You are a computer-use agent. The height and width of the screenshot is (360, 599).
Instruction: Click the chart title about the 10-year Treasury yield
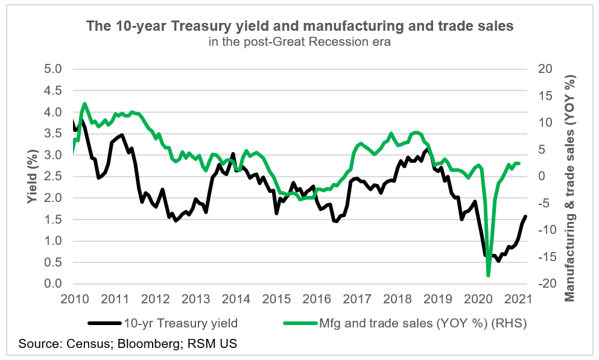pyautogui.click(x=300, y=27)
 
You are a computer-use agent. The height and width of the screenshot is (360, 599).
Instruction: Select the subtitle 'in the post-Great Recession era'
pyautogui.click(x=300, y=42)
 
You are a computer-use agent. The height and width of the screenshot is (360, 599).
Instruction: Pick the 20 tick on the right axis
pyautogui.click(x=545, y=69)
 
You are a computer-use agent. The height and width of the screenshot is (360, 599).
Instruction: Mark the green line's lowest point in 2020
pyautogui.click(x=489, y=276)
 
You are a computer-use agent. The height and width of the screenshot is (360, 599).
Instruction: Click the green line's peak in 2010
pyautogui.click(x=84, y=104)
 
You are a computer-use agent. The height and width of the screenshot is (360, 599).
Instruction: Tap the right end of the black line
pyautogui.click(x=525, y=216)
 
